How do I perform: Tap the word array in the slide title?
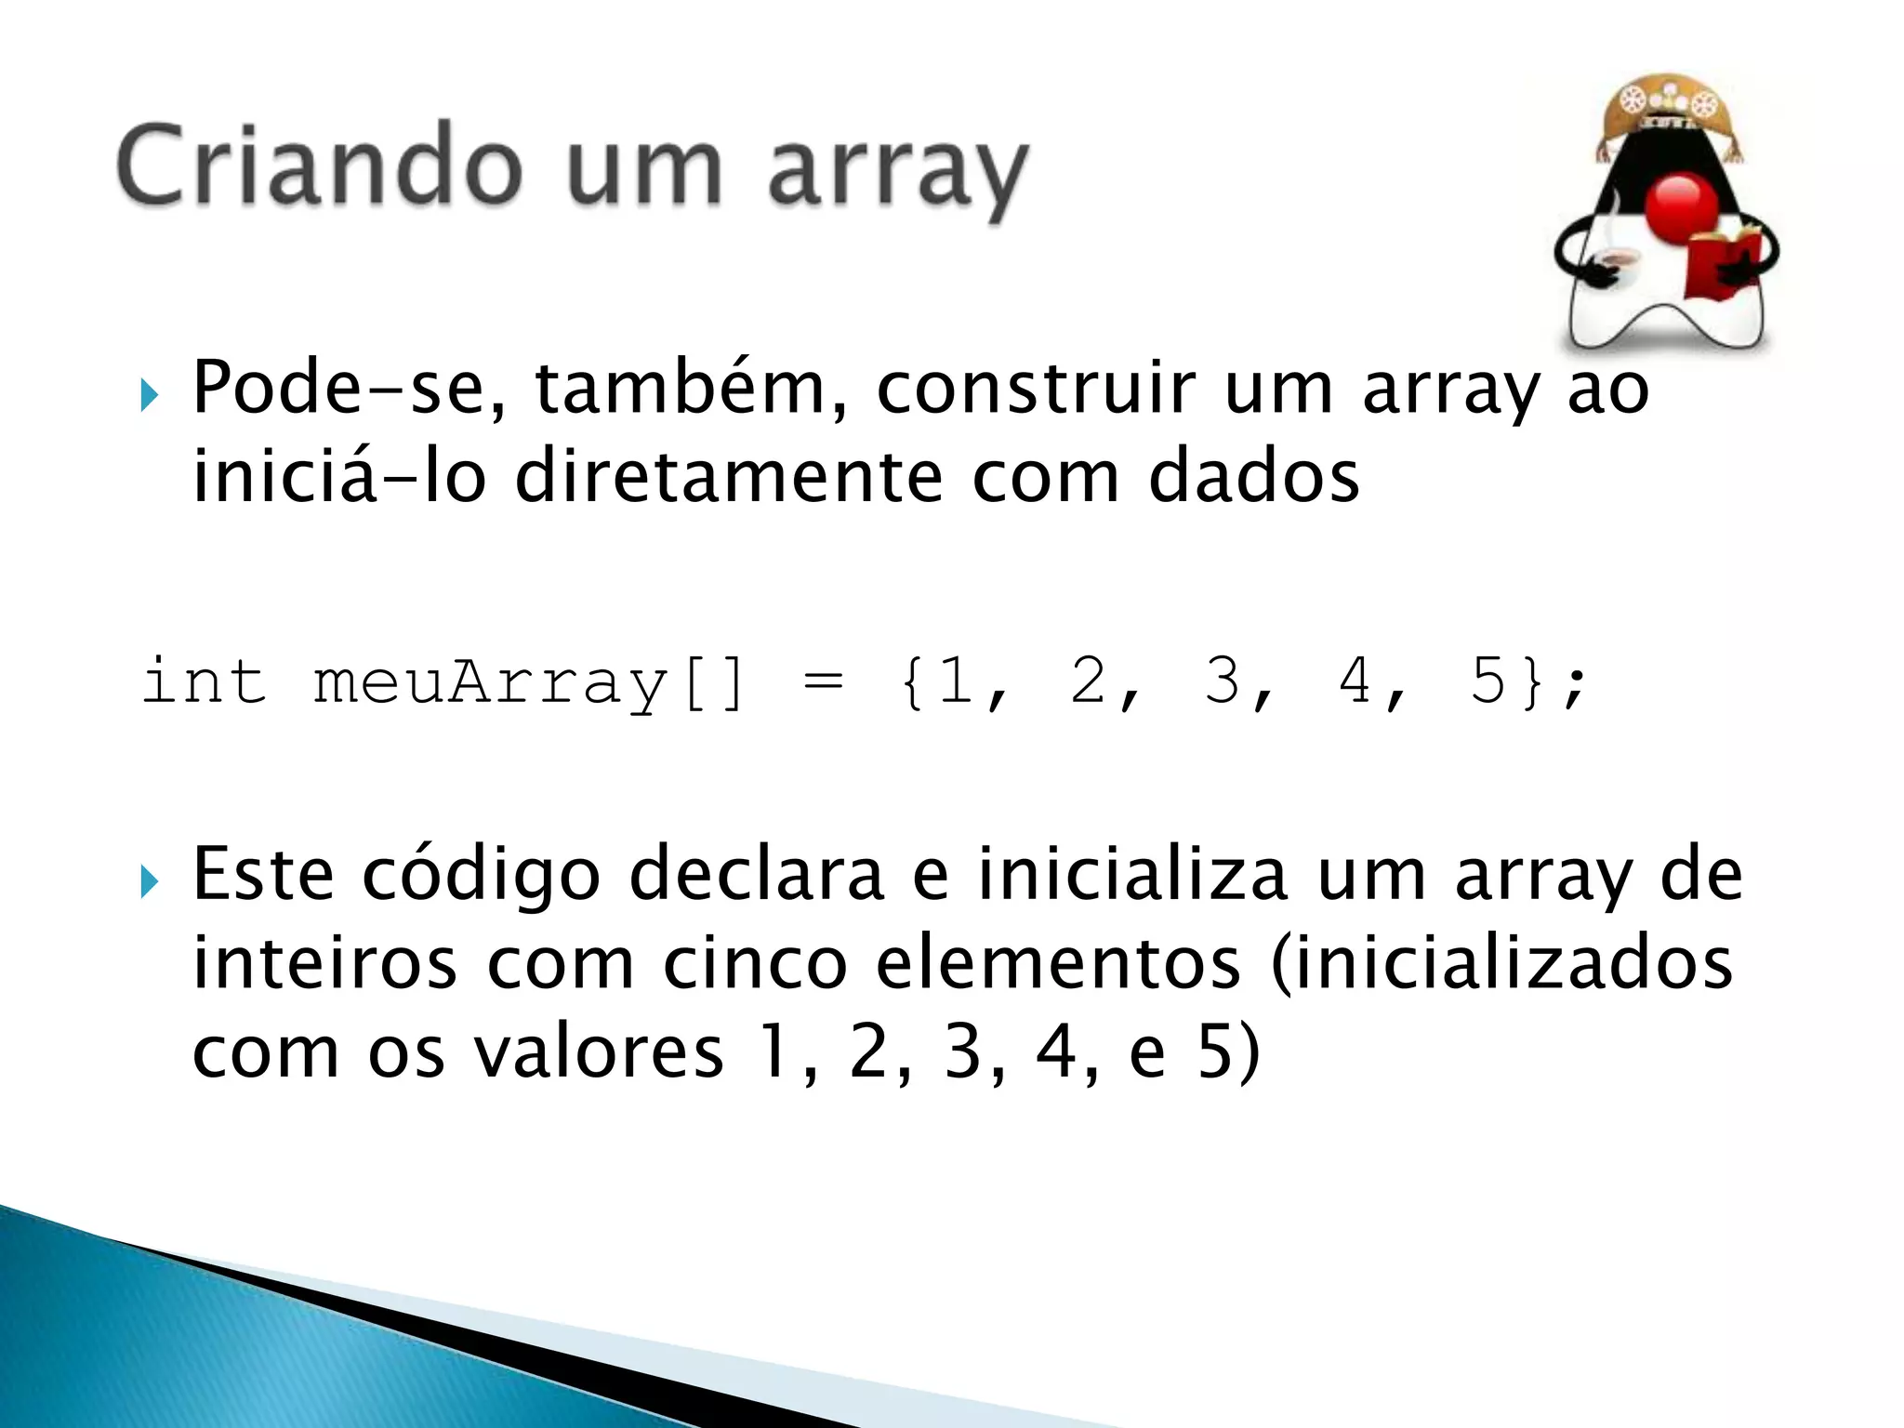coord(898,172)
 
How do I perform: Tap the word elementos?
coord(1058,964)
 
